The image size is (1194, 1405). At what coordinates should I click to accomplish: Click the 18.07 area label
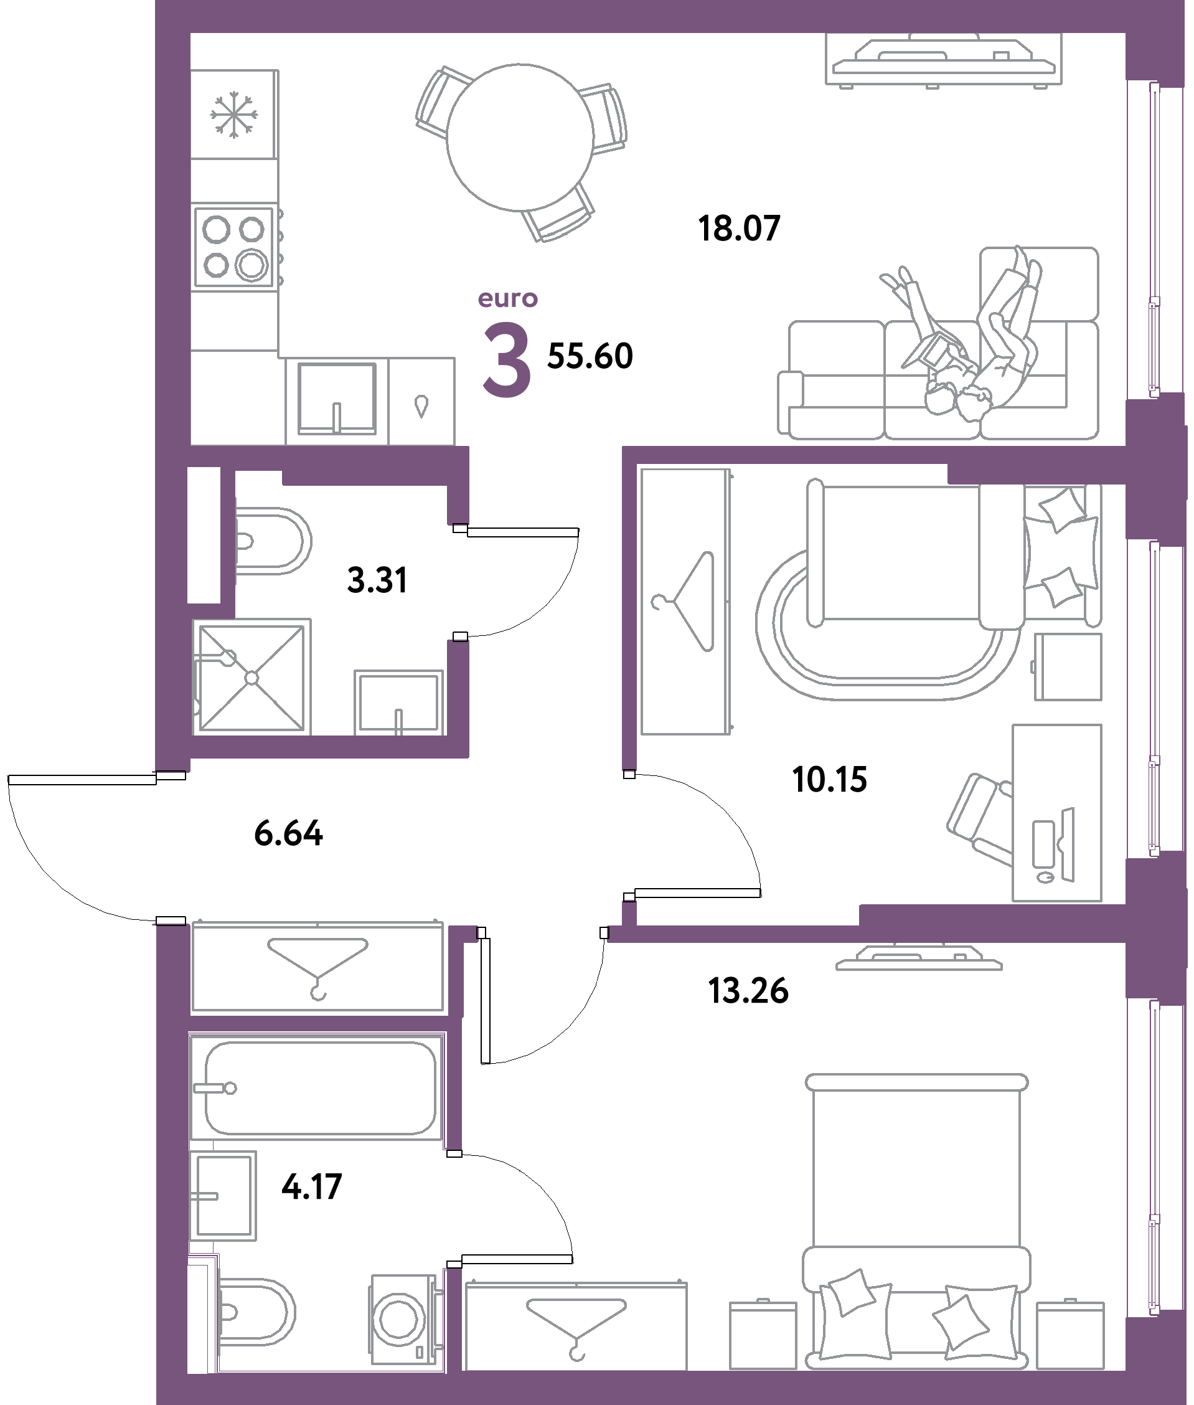point(738,228)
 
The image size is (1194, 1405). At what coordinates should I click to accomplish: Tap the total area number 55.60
point(590,356)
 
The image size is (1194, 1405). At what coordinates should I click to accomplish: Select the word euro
point(507,298)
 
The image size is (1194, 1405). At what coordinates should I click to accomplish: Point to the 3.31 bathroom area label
point(377,580)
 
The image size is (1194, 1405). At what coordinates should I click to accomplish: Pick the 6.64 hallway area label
point(288,833)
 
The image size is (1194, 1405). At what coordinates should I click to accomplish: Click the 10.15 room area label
point(829,779)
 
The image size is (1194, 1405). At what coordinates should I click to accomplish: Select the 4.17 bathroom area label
point(312,1187)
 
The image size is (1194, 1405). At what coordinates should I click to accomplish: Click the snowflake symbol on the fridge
point(233,116)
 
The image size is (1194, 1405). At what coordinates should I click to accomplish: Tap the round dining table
point(520,137)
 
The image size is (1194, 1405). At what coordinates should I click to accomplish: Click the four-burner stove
point(234,247)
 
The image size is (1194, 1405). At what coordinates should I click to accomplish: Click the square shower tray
point(251,677)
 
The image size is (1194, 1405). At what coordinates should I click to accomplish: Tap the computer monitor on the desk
point(1068,844)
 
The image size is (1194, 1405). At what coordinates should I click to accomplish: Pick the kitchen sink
point(337,398)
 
